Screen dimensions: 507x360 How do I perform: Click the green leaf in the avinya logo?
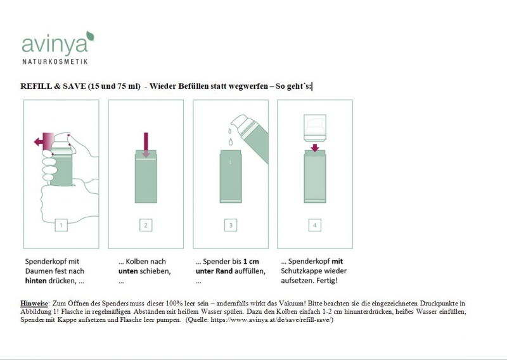tap(90, 35)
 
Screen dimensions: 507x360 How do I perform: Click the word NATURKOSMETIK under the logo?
tap(55, 61)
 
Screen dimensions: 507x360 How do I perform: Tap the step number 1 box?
tap(61, 225)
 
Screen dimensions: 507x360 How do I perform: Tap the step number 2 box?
tap(146, 225)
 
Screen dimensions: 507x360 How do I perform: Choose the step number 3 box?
tap(231, 225)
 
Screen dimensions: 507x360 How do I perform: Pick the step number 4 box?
tap(315, 225)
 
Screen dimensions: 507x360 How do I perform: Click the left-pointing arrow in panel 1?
tap(44, 141)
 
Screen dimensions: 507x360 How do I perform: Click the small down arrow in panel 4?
tap(315, 148)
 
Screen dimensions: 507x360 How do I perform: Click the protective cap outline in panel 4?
tap(315, 128)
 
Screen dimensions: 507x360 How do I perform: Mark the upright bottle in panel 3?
tap(231, 176)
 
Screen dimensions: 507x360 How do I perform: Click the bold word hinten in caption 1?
tap(36, 281)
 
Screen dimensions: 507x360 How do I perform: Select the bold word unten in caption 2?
tap(128, 271)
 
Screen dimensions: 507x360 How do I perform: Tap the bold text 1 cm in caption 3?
tap(251, 261)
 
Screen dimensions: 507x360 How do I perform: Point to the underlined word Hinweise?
tap(34, 304)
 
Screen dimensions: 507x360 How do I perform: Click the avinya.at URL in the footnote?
tap(271, 320)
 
